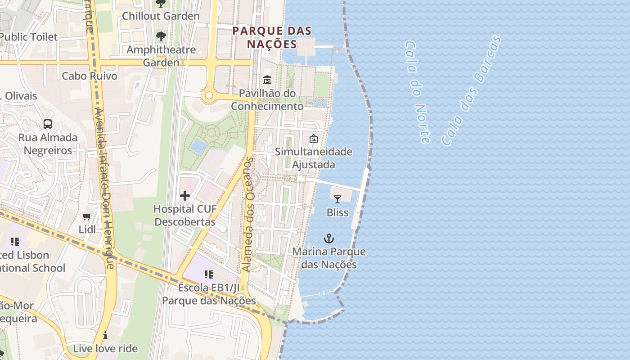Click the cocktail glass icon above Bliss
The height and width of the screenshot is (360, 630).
coord(337,199)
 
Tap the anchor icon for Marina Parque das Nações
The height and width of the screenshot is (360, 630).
coord(329,238)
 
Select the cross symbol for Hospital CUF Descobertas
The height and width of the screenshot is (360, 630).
coord(184,196)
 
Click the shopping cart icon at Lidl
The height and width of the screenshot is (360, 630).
coord(87,217)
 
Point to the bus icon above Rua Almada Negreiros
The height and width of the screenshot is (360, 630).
coord(48,124)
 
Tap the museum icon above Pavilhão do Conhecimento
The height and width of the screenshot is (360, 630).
coord(267,80)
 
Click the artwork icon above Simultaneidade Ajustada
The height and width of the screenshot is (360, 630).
coord(314,139)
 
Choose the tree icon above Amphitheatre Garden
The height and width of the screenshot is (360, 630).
coord(161,36)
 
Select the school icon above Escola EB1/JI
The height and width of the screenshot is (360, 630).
coord(208,274)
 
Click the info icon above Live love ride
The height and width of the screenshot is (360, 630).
coord(105,335)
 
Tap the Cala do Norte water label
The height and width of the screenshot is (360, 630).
coord(417,92)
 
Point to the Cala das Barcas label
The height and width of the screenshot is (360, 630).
coord(471,91)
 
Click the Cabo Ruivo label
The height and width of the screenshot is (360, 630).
coord(90,76)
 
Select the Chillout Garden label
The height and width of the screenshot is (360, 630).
coord(161,16)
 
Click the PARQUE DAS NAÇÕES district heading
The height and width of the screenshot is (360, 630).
coord(272,37)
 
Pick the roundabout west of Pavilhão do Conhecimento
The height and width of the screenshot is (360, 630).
coord(208,95)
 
